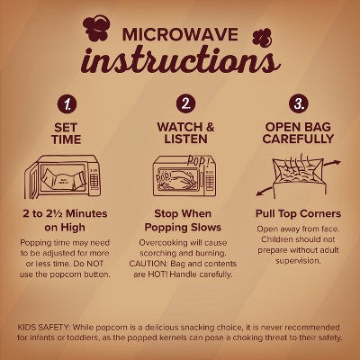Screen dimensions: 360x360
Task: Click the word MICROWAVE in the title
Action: coord(180,34)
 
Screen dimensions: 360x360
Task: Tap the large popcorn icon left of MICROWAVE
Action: coord(95,29)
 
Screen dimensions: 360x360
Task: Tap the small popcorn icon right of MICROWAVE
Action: coord(262,37)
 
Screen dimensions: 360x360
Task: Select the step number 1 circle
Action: coord(67,104)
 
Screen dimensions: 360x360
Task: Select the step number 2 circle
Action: coord(186,103)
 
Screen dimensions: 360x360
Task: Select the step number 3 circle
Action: coord(299,103)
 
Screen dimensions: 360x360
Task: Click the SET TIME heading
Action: coord(66,133)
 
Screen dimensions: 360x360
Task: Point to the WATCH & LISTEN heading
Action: coord(185,133)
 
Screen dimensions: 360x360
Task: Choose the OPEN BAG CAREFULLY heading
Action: coord(298,132)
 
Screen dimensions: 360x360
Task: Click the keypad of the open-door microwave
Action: coord(94,180)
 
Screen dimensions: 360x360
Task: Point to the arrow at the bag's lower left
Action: coord(265,191)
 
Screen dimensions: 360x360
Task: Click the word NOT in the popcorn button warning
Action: coord(94,264)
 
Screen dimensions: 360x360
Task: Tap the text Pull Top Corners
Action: coord(298,213)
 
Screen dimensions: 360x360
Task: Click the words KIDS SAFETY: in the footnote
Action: coord(44,327)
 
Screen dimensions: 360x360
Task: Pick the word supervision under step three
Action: coord(298,261)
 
